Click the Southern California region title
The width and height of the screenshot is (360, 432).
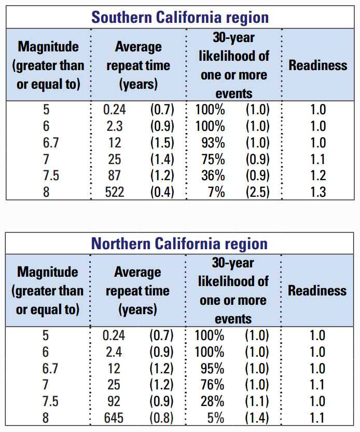tap(180, 17)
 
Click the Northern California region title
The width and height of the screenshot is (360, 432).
tap(179, 244)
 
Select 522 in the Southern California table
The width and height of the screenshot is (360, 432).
tap(114, 192)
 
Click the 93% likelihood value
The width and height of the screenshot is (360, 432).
tap(213, 143)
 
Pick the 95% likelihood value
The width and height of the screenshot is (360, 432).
tap(213, 369)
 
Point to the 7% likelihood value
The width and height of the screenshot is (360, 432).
tap(216, 192)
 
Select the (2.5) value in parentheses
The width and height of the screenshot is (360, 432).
tap(257, 192)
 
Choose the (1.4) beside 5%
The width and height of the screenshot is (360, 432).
tap(257, 418)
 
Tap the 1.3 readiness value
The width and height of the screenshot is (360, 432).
tap(317, 192)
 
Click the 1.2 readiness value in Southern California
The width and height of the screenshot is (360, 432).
tap(317, 176)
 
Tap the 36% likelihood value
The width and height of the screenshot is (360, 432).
tap(213, 176)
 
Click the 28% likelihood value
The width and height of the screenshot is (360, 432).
tap(213, 402)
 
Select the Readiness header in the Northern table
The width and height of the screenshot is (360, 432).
tap(317, 290)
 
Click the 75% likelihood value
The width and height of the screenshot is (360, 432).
tap(213, 159)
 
